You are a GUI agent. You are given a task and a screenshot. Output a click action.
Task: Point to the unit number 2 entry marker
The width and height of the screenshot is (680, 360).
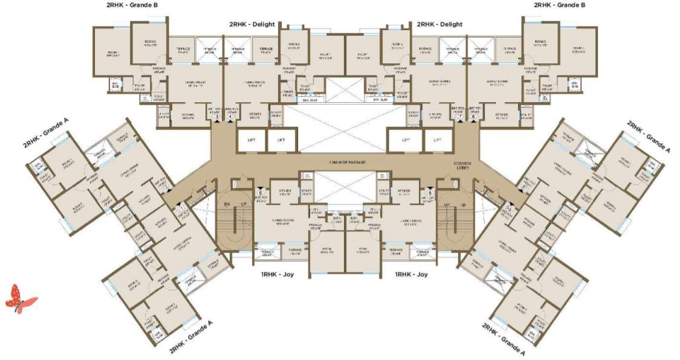pyautogui.click(x=165, y=186)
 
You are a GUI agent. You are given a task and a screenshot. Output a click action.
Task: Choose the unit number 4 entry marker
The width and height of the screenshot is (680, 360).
pyautogui.click(x=230, y=117)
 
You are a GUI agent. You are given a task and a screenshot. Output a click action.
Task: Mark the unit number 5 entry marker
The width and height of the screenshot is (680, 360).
pyautogui.click(x=260, y=193)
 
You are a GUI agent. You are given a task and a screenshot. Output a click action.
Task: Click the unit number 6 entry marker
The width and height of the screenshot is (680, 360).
pyautogui.click(x=430, y=193)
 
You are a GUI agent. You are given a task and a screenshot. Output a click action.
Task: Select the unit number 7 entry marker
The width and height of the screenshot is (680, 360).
pyautogui.click(x=460, y=117)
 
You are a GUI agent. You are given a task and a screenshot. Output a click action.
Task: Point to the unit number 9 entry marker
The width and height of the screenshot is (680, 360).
pyautogui.click(x=523, y=186)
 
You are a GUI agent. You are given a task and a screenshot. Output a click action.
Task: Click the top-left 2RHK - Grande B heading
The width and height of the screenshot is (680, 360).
pyautogui.click(x=132, y=5)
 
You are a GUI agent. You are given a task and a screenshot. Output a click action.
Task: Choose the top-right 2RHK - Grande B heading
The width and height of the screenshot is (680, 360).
pyautogui.click(x=559, y=5)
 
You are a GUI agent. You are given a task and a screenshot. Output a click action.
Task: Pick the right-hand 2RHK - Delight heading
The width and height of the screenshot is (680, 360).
pyautogui.click(x=439, y=24)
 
